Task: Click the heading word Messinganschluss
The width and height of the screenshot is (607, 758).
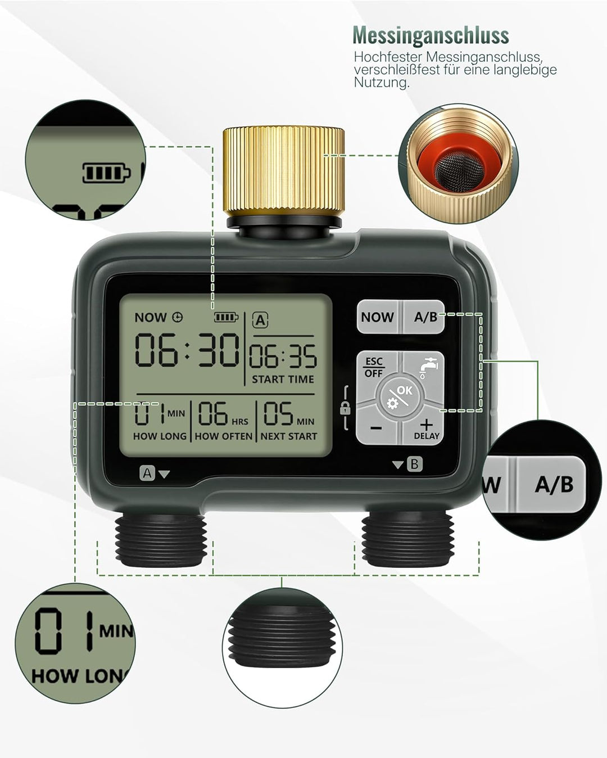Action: [431, 35]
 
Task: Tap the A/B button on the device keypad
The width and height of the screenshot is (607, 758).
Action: [423, 317]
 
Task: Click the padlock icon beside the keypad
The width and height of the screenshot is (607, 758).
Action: [345, 409]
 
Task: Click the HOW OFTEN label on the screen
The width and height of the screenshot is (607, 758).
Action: [224, 436]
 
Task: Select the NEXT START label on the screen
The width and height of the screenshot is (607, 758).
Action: [289, 436]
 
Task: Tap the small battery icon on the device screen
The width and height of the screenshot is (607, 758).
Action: [226, 317]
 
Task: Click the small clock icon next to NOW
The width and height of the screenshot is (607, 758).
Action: [178, 317]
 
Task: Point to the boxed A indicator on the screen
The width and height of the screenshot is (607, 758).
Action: [260, 320]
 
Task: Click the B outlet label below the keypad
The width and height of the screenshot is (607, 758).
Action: [414, 464]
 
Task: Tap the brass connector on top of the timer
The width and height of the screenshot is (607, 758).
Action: [283, 172]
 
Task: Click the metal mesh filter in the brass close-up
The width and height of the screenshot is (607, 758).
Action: [459, 172]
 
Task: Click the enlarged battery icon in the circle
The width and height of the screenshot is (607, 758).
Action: [106, 173]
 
